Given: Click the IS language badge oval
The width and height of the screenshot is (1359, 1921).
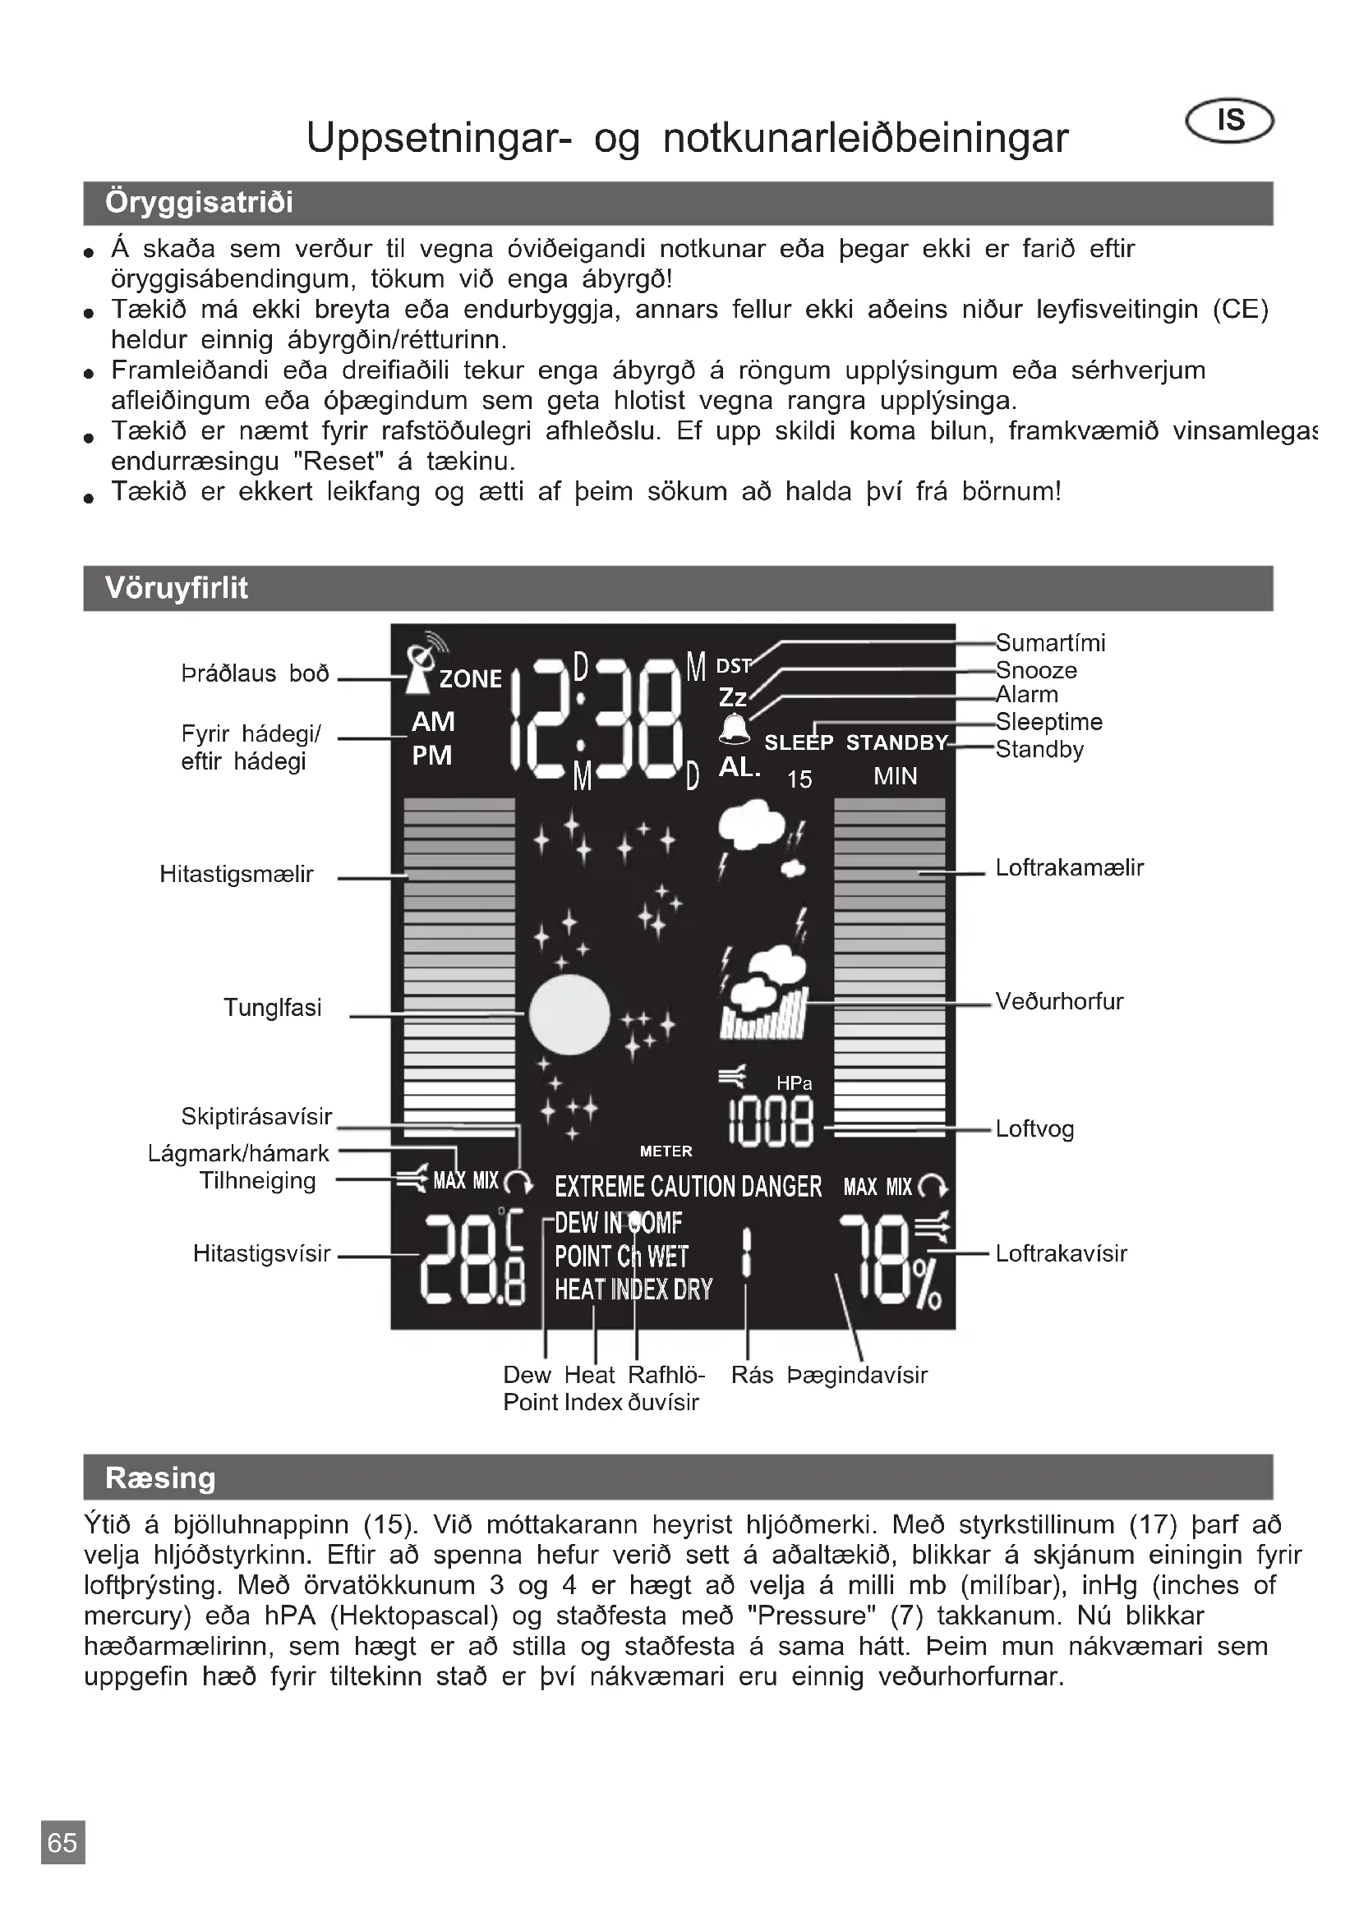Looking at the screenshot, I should pos(1229,122).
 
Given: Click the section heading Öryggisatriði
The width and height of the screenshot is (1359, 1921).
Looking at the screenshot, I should pos(199,204).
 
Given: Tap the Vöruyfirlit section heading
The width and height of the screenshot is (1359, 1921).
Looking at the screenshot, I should pos(177,588).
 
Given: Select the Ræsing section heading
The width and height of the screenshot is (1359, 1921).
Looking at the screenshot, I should pos(160,1478).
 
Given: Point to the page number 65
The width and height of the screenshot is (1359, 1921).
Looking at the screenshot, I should pos(62,1842).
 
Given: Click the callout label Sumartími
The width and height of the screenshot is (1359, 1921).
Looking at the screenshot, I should pos(1050,642).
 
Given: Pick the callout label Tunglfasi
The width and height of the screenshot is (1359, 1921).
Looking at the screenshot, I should pos(272,1008).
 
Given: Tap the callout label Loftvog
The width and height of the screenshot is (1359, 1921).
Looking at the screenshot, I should pos(1034,1128).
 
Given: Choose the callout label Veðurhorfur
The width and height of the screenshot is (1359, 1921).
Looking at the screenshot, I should pos(1058,1001).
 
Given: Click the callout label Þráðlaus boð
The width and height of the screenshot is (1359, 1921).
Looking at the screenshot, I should pos(256,673).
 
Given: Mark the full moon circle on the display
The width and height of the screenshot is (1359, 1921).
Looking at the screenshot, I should pos(570,1015).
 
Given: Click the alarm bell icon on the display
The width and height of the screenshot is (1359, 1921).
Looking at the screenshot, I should pos(735,729).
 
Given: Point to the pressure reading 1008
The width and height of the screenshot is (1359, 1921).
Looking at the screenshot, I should pos(771,1124).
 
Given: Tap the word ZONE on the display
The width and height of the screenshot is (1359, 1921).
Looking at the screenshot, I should pos(470,678).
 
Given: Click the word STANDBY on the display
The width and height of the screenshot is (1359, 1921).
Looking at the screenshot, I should pos(896,743).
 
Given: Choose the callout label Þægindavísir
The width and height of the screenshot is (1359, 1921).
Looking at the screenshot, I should pos(858,1376).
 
